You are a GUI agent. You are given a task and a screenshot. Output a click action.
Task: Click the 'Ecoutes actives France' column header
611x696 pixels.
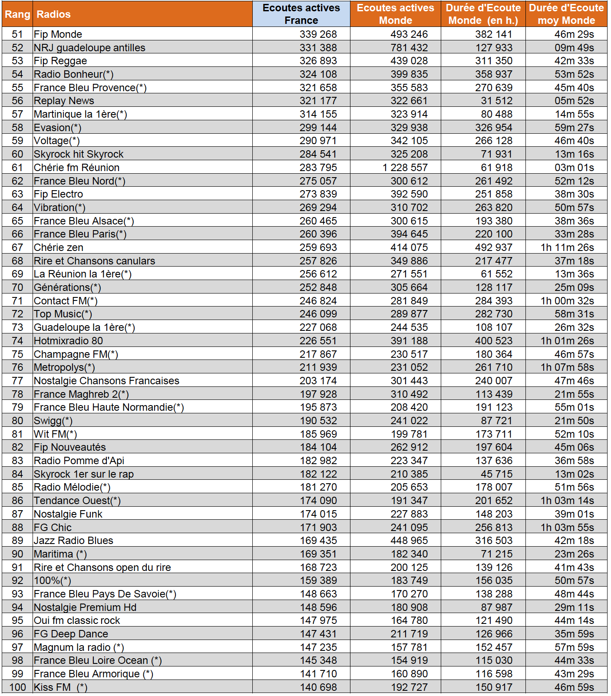point(301,14)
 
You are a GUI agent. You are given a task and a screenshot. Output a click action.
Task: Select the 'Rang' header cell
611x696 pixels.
point(17,14)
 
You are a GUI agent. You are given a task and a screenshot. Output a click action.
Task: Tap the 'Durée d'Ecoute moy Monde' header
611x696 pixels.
point(566,14)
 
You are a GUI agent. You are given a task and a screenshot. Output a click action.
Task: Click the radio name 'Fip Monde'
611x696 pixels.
point(58,34)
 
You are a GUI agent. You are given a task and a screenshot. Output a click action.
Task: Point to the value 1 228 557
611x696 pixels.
point(405,168)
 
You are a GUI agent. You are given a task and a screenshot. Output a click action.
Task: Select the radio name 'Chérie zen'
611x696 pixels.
point(59,247)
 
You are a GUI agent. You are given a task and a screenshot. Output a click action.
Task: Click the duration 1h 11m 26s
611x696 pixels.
point(567,247)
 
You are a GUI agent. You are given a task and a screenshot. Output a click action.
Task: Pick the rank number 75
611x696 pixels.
point(17,354)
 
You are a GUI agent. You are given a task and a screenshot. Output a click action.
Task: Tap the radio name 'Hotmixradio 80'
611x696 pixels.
point(68,341)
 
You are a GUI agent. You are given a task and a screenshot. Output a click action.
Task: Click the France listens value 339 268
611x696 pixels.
point(318,34)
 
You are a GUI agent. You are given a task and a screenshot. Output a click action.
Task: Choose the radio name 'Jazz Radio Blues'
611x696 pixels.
point(73,541)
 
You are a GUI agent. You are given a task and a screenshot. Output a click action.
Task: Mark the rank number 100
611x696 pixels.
point(17,687)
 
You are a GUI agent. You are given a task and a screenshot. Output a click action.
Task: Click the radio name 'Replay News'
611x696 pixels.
point(64,101)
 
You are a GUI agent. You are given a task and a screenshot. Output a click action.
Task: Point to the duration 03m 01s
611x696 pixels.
point(574,168)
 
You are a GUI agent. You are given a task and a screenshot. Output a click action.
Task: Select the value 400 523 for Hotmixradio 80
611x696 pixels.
point(493,341)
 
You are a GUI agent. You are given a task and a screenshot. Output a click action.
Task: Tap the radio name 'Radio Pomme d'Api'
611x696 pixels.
point(79,461)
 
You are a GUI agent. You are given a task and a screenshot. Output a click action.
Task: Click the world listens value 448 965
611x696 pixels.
point(409,541)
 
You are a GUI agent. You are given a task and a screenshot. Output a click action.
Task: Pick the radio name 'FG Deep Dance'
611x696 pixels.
point(71,634)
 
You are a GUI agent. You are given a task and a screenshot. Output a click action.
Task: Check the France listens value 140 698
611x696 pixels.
point(318,687)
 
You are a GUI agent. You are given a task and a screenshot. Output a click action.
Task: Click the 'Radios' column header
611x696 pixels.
point(53,14)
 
